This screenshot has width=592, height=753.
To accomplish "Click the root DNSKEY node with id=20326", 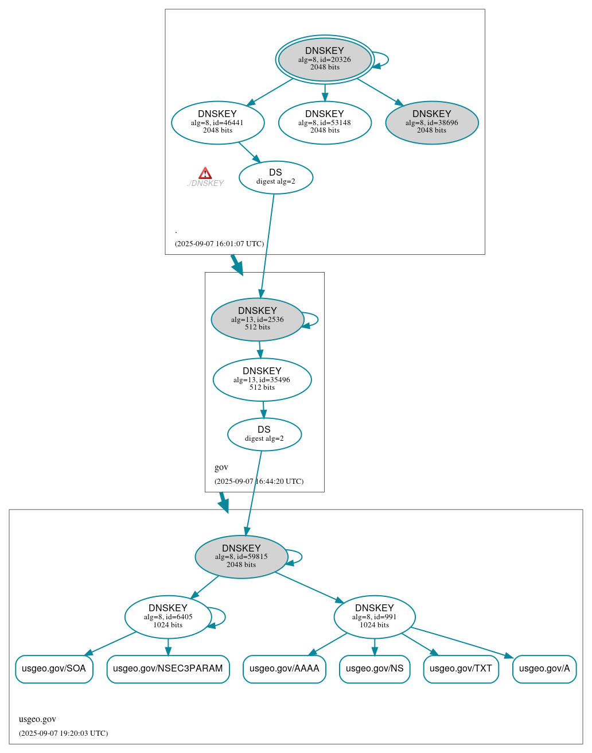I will point(325,59).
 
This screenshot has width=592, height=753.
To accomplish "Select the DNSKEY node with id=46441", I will point(217,122).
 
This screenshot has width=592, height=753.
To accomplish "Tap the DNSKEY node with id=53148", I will point(325,122).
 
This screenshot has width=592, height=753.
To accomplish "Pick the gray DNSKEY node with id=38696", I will point(431,122).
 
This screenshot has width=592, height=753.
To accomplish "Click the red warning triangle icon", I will point(205,173).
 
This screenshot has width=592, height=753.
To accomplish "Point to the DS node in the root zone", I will point(275,177).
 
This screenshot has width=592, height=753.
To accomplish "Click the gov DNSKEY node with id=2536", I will point(258,319).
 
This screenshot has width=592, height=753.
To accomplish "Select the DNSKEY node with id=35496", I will point(262,379).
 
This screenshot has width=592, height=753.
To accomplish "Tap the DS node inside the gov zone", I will point(264,434).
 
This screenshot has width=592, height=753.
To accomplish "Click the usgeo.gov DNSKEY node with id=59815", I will point(242,557).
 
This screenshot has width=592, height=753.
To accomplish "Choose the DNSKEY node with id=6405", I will point(168,617).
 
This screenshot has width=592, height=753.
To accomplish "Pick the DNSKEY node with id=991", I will point(375,617).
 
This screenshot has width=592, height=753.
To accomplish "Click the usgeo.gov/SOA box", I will point(54,669).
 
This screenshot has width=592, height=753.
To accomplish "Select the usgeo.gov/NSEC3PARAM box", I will point(168,669).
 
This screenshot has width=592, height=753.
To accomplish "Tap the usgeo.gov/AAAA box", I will point(285,669).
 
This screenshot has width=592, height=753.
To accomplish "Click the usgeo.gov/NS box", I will point(375,669).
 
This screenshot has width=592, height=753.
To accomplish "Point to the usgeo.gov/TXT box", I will point(461,669).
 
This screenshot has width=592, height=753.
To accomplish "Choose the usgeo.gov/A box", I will point(544,669).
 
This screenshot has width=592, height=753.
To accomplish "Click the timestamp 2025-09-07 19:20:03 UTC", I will point(63,733).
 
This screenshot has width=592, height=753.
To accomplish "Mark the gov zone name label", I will point(221,467).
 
